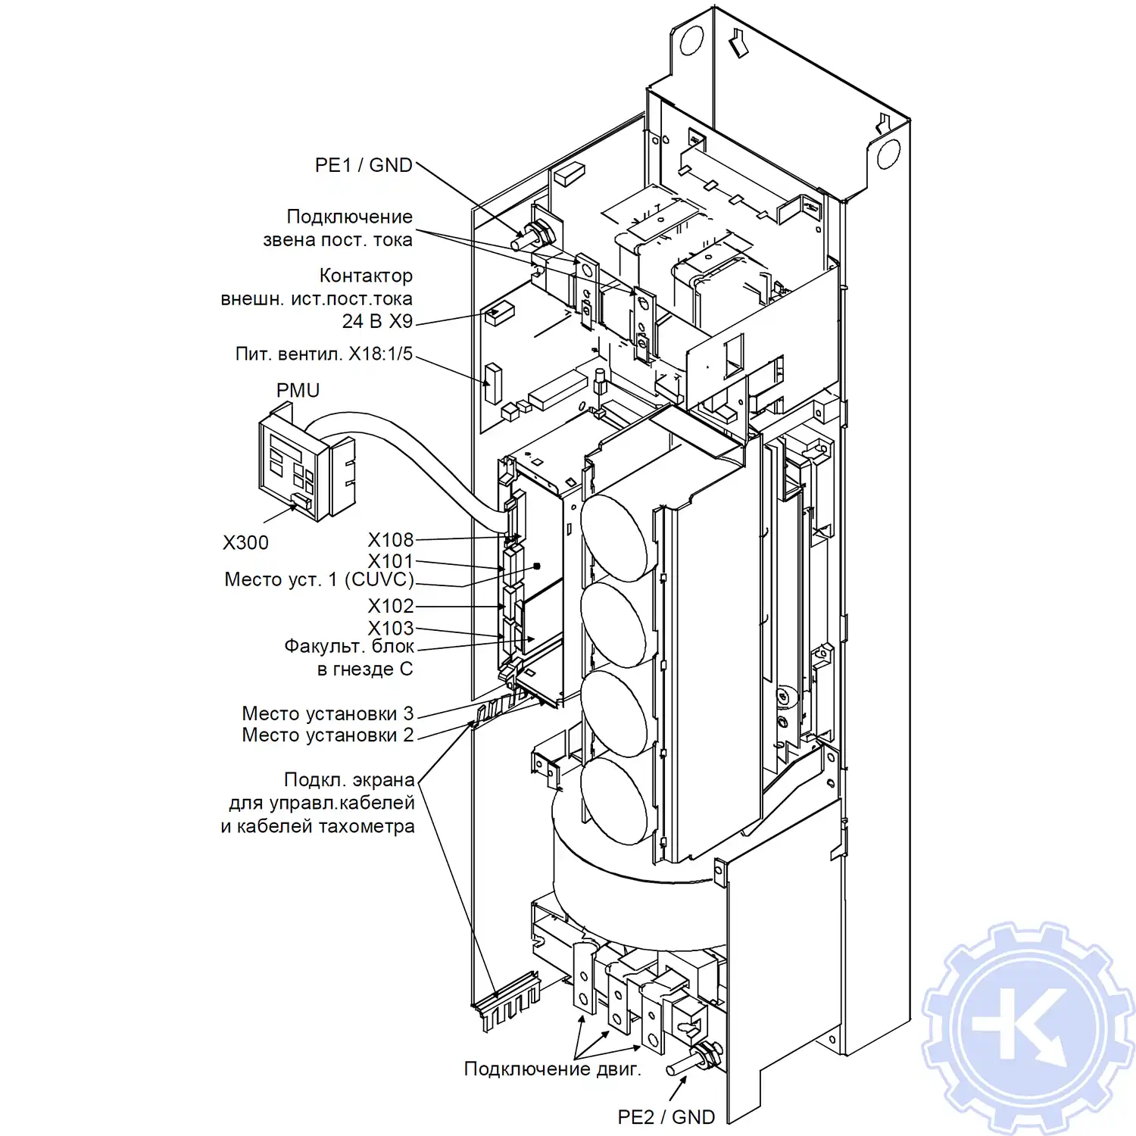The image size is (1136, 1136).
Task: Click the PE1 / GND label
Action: (364, 165)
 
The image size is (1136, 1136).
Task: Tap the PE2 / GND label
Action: (666, 1116)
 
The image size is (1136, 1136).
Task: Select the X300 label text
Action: (245, 542)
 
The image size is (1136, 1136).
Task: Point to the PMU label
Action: (298, 390)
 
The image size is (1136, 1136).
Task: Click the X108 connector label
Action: (391, 539)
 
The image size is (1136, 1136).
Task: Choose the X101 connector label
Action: (391, 561)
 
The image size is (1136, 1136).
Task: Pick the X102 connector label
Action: (391, 606)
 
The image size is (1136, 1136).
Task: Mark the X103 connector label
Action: (391, 628)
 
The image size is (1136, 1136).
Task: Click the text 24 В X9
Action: (377, 321)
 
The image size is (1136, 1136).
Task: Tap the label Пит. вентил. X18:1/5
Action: (324, 354)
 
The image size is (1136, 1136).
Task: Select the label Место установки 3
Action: (328, 713)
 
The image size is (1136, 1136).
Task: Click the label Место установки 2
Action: (328, 735)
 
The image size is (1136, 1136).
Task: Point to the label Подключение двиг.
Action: (552, 1069)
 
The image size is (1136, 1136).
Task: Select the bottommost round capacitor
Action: (614, 801)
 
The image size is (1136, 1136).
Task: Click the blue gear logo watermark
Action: (1028, 1028)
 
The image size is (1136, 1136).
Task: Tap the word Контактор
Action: (366, 275)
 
